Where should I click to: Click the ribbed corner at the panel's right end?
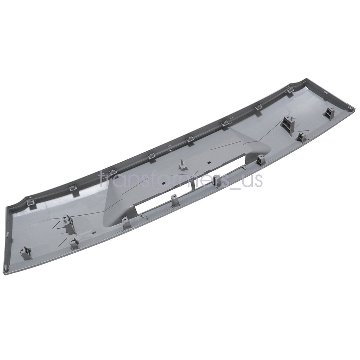click(x=347, y=108)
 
